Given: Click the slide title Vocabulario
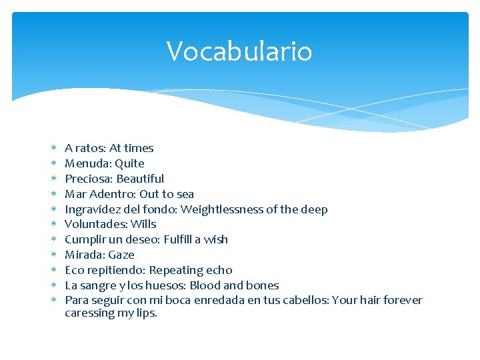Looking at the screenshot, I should click(239, 51).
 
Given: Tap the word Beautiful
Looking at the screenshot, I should click(141, 179).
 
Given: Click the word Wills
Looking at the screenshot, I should click(143, 224).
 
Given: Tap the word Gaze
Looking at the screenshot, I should click(121, 255).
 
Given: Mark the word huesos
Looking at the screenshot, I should click(165, 285).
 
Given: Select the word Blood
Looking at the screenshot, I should click(206, 285).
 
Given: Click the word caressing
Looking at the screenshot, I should click(89, 313).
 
